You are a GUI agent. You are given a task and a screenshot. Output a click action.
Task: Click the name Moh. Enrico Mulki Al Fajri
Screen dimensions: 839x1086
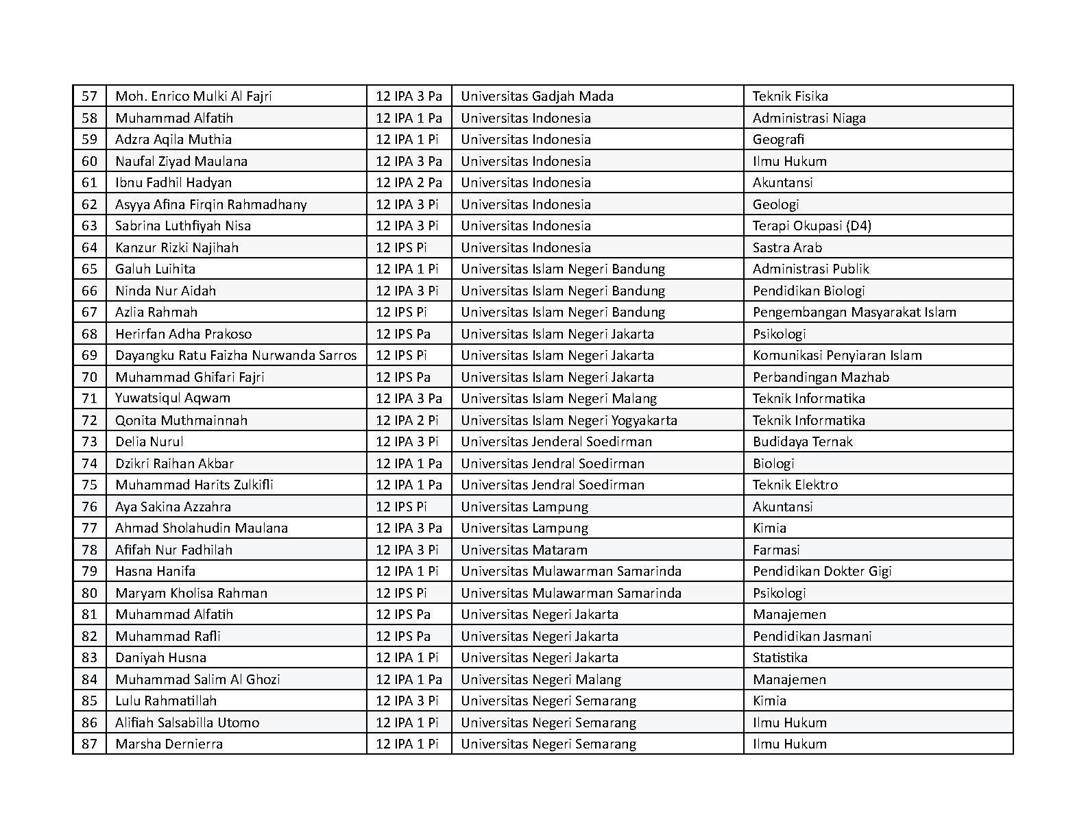pyautogui.click(x=193, y=96)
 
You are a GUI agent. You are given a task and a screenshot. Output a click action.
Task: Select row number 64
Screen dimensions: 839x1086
pyautogui.click(x=90, y=247)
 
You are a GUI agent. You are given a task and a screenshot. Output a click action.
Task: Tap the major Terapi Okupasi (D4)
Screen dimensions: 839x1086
pyautogui.click(x=812, y=226)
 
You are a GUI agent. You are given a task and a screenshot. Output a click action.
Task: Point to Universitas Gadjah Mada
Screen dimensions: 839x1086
pyautogui.click(x=537, y=96)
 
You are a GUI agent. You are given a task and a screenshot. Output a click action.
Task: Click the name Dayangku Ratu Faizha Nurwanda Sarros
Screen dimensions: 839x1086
pyautogui.click(x=236, y=355)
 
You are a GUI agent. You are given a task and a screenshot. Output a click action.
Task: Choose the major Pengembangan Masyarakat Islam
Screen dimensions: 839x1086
pyautogui.click(x=854, y=312)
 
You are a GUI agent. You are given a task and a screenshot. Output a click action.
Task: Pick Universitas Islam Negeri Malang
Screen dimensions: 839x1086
pyautogui.click(x=559, y=398)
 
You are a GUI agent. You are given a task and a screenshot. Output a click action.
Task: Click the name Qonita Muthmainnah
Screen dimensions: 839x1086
pyautogui.click(x=181, y=420)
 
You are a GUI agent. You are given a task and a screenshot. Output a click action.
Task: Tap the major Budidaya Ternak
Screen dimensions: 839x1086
pyautogui.click(x=802, y=441)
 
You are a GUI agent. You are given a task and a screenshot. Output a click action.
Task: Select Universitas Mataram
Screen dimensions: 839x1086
pyautogui.click(x=524, y=550)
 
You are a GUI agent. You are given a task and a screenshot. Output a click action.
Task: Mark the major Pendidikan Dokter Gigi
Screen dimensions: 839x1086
pyautogui.click(x=822, y=571)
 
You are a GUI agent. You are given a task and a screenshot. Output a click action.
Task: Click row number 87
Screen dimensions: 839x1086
pyautogui.click(x=90, y=744)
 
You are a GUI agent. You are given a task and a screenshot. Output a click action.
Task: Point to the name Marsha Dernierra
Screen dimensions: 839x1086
pyautogui.click(x=169, y=744)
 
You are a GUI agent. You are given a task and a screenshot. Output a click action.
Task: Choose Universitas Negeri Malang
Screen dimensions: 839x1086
pyautogui.click(x=541, y=679)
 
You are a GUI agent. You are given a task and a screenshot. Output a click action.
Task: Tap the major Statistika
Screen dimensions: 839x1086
pyautogui.click(x=780, y=657)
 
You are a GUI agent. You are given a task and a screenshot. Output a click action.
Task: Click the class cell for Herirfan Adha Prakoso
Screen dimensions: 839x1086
pyautogui.click(x=403, y=334)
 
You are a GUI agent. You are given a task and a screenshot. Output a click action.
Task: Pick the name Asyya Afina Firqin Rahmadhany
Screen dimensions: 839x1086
pyautogui.click(x=211, y=204)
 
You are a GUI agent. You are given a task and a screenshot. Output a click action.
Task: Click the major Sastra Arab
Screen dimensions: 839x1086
pyautogui.click(x=787, y=247)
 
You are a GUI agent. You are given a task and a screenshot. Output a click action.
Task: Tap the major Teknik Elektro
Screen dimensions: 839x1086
pyautogui.click(x=795, y=485)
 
